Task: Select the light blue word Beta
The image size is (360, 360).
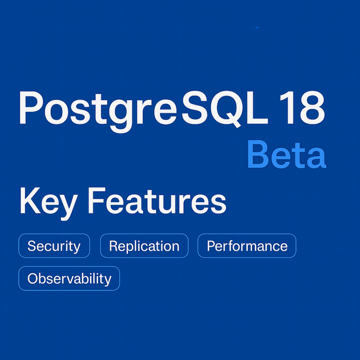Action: pos(286,156)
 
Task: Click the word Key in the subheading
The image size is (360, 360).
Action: pos(46,202)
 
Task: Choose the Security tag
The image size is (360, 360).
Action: pos(54,246)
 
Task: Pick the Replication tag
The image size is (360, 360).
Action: pos(144,246)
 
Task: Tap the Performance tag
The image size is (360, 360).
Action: pos(247,246)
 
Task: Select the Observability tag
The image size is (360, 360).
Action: pos(69,278)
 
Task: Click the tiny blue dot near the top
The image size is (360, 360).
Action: pos(257,27)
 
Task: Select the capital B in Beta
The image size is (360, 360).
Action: pos(258,156)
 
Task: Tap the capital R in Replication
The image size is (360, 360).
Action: pos(113,246)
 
